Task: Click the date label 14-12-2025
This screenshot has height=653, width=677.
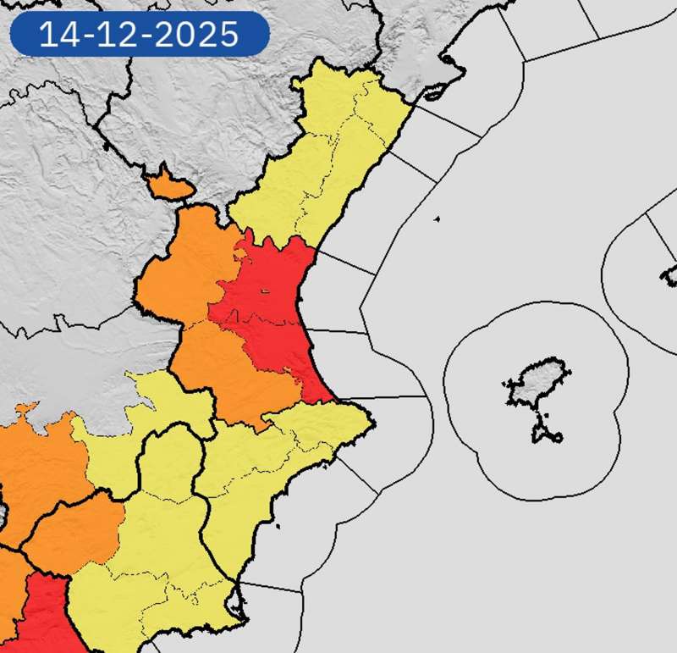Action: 140,35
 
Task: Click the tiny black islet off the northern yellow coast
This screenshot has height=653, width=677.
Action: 437,220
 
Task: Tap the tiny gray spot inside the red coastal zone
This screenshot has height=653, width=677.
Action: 264,292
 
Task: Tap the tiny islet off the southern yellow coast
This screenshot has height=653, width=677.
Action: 276,526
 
